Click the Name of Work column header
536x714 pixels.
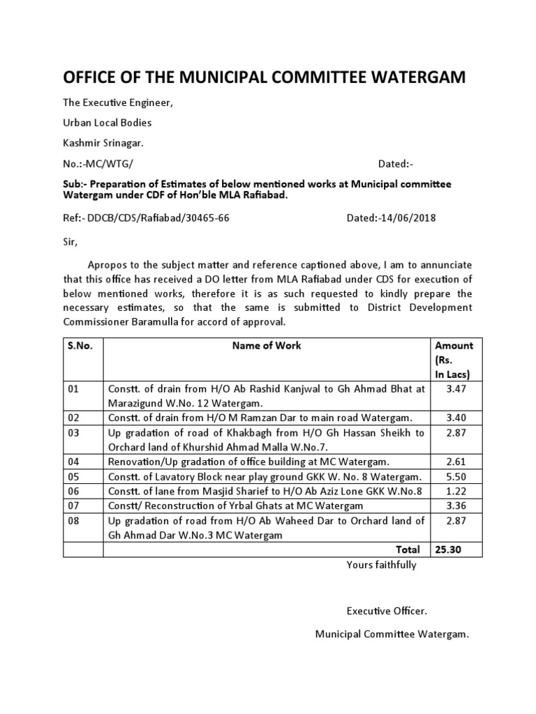268,345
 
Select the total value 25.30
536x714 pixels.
448,549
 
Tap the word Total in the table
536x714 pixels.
408,549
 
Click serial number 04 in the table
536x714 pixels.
74,461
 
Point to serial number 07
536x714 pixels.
74,505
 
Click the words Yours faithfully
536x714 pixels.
381,565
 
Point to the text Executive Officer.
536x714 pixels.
387,611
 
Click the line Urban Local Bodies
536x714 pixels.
107,123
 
